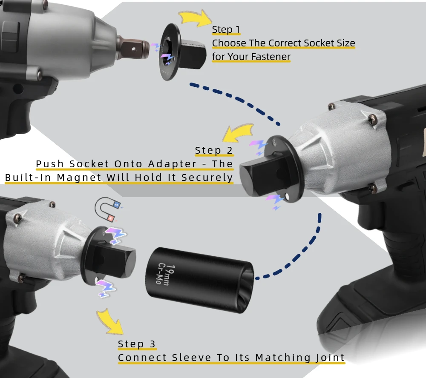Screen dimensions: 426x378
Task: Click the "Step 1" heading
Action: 226,29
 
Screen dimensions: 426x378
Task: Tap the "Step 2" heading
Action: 214,150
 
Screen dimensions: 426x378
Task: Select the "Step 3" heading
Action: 137,344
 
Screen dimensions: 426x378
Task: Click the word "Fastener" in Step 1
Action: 271,57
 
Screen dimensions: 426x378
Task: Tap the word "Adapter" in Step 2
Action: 172,164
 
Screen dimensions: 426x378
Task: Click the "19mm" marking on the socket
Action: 170,275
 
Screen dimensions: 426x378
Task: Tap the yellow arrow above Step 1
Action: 195,18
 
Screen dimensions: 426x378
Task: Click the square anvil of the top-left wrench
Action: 135,49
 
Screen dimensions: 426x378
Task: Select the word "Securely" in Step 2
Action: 207,178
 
